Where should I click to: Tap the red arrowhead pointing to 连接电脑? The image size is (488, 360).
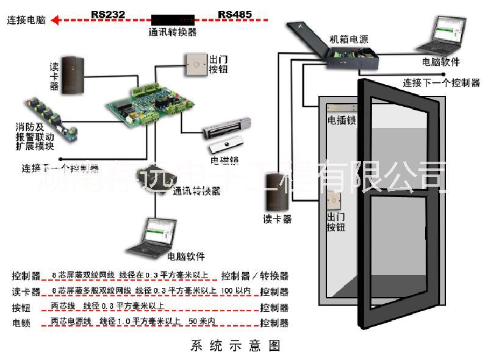[x=56, y=20]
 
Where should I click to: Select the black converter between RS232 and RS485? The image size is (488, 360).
[x=173, y=20]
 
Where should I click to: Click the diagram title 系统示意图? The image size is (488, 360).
[x=235, y=346]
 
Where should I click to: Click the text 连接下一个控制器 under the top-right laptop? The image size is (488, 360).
[x=441, y=83]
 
